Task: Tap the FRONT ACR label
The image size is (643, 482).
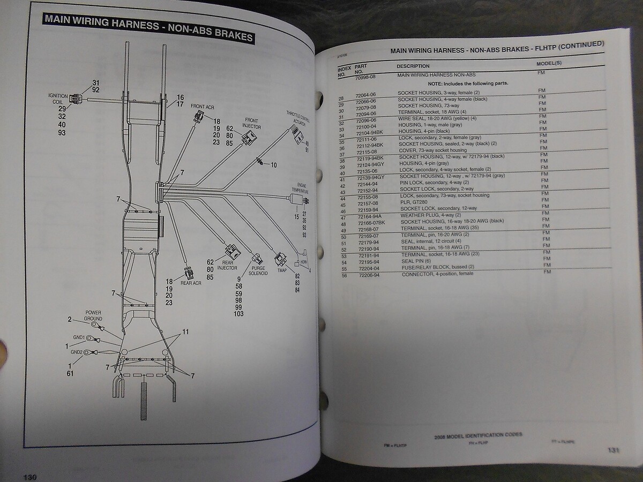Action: [203, 106]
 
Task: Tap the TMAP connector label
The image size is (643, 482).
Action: [282, 270]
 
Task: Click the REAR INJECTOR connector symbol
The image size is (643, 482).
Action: [231, 251]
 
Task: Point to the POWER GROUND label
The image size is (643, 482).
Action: [93, 315]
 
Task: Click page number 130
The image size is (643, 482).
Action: [29, 476]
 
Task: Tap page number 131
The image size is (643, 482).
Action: [614, 450]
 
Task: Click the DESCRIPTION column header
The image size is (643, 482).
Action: [413, 65]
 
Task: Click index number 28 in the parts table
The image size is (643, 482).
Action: [341, 98]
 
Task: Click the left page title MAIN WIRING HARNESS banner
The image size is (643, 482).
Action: [149, 28]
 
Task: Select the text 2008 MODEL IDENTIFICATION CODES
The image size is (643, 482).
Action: [478, 434]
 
